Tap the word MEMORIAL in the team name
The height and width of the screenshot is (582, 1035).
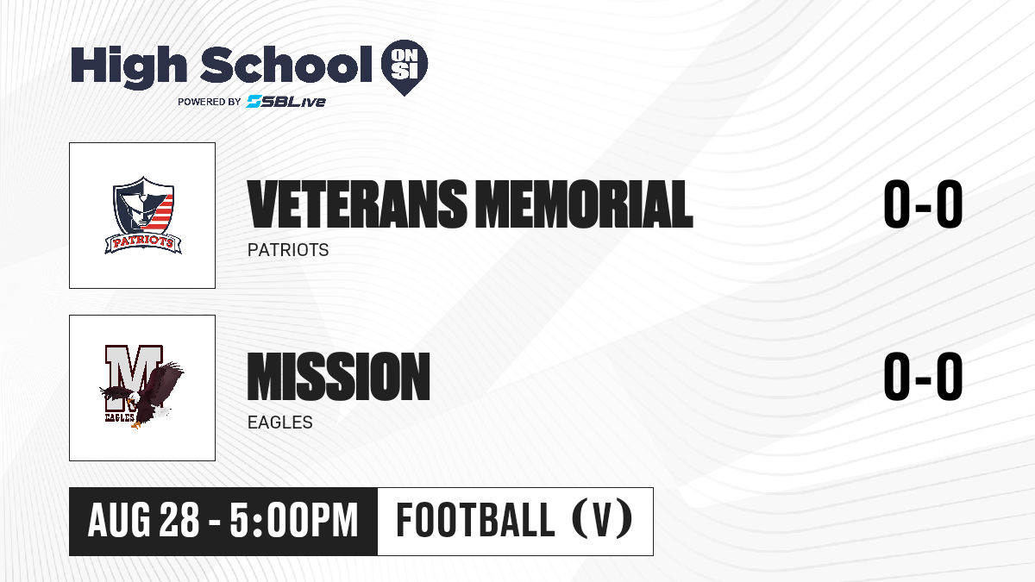pyautogui.click(x=585, y=204)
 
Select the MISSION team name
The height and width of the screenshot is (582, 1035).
pyautogui.click(x=339, y=377)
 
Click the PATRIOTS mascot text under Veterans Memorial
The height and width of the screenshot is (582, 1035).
pyautogui.click(x=288, y=250)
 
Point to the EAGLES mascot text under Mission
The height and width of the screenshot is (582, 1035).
pyautogui.click(x=280, y=422)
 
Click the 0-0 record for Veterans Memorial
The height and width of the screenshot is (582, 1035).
pyautogui.click(x=923, y=204)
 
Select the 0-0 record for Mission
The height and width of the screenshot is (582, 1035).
pyautogui.click(x=923, y=377)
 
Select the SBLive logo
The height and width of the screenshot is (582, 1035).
pyautogui.click(x=285, y=102)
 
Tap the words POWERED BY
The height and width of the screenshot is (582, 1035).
pyautogui.click(x=209, y=102)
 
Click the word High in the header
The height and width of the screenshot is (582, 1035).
pyautogui.click(x=129, y=66)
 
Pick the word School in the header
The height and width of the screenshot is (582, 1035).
pyautogui.click(x=286, y=64)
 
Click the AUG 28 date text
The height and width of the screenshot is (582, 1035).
pyautogui.click(x=143, y=521)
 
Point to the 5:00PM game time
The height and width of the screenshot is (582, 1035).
pyautogui.click(x=294, y=521)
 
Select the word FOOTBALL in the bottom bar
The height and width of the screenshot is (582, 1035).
pyautogui.click(x=475, y=520)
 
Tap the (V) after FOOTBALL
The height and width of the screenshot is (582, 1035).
pyautogui.click(x=602, y=520)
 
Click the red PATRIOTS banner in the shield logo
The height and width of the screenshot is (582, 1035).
pyautogui.click(x=143, y=242)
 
